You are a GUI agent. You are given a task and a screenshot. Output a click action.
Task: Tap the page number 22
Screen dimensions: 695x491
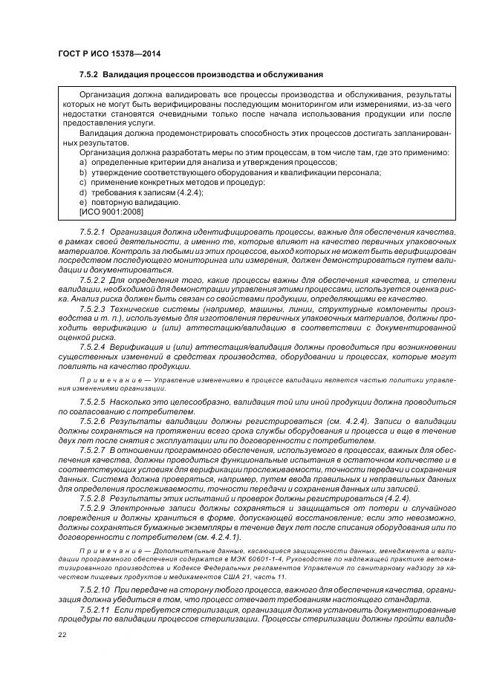tap(62, 633)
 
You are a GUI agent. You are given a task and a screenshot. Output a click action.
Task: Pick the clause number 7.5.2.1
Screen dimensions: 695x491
tap(93, 232)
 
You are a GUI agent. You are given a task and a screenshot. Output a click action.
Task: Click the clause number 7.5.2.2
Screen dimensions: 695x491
tap(93, 281)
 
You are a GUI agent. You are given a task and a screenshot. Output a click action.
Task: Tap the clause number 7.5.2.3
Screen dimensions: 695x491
tap(93, 307)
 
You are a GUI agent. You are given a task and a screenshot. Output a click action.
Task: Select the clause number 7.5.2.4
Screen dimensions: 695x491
tap(93, 346)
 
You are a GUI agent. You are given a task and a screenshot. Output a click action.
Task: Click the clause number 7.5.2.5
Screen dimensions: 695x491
tap(93, 402)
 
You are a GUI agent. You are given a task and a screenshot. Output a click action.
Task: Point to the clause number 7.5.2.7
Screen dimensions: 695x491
tap(93, 450)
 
